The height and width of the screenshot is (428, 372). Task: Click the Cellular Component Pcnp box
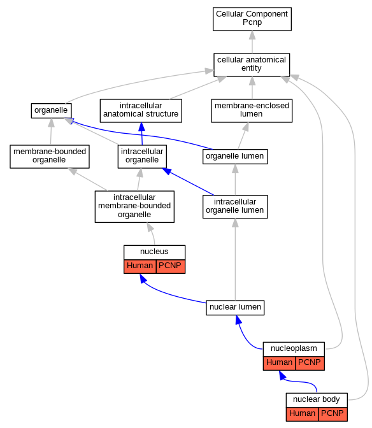point(252,19)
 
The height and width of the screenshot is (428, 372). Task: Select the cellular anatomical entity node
point(252,65)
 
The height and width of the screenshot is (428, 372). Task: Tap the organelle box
point(52,111)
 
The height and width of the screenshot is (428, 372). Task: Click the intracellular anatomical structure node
point(141,111)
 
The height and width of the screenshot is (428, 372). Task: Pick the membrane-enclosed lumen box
point(252,111)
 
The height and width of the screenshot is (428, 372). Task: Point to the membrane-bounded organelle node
point(50,157)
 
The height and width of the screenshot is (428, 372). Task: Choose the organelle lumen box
point(235,157)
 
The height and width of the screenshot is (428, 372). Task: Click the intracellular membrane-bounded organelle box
point(134,206)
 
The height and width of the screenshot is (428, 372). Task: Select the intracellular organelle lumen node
point(235,206)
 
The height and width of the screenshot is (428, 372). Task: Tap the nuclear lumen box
point(235,308)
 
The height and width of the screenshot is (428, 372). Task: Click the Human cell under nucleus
point(139,266)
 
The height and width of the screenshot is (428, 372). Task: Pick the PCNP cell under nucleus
point(171,266)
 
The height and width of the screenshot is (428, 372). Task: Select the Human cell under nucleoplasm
point(279,363)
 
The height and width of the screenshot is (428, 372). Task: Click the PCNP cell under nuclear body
point(333,415)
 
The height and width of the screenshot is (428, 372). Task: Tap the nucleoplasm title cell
point(294,349)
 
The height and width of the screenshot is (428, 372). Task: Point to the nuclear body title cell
point(317,400)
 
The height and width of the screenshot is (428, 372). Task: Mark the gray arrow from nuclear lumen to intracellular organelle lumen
point(235,259)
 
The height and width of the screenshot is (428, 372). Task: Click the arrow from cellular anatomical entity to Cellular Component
point(252,42)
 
